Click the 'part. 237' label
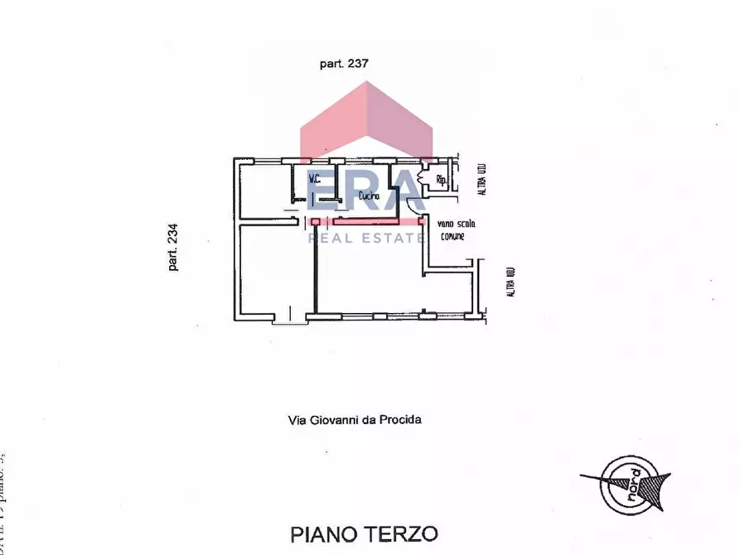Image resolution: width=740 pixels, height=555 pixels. coord(343,63)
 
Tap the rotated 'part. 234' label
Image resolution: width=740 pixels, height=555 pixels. coord(173,249)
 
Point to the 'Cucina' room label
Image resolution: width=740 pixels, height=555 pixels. coord(370,196)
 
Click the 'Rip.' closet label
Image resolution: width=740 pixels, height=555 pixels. coord(442,180)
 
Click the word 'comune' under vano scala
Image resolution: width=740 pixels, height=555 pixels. coord(452,235)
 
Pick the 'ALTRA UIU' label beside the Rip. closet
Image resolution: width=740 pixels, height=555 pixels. coord(481,179)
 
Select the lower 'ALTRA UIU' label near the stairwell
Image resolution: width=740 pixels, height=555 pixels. coord(511,282)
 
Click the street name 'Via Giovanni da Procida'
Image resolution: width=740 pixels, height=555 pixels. coord(355,420)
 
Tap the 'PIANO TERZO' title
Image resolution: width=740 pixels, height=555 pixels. coord(363,533)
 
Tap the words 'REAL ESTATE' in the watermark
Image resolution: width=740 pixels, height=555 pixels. coord(366,239)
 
